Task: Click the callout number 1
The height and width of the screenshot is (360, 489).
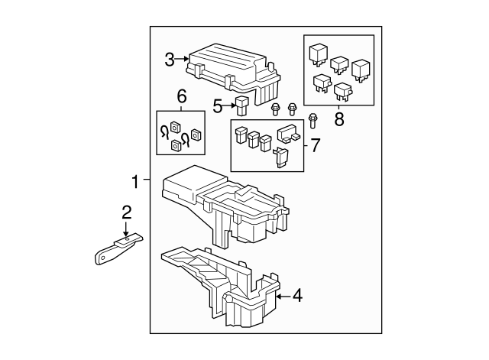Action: coord(134,182)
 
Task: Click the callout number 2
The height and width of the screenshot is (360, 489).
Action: coord(127,212)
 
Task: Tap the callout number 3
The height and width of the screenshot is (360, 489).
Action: coord(170,58)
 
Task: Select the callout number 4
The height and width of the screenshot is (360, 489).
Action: coord(297,295)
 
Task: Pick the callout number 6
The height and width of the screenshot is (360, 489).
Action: coord(181,96)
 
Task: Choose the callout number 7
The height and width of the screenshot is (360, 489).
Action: coord(315,143)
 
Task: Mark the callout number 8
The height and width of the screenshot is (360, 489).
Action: coord(339,119)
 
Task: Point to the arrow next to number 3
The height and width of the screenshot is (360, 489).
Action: coord(183,58)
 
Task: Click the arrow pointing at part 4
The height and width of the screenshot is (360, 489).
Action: coord(282,295)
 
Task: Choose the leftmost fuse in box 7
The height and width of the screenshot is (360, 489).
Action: coord(240,135)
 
